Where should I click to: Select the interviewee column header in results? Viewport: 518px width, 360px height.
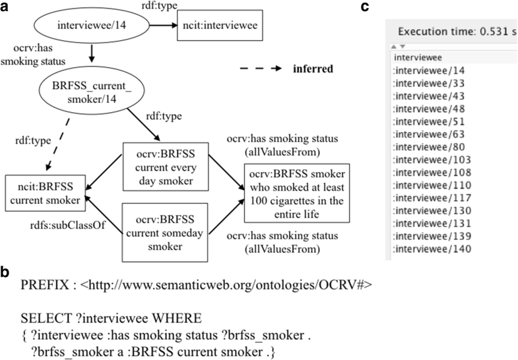416,57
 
